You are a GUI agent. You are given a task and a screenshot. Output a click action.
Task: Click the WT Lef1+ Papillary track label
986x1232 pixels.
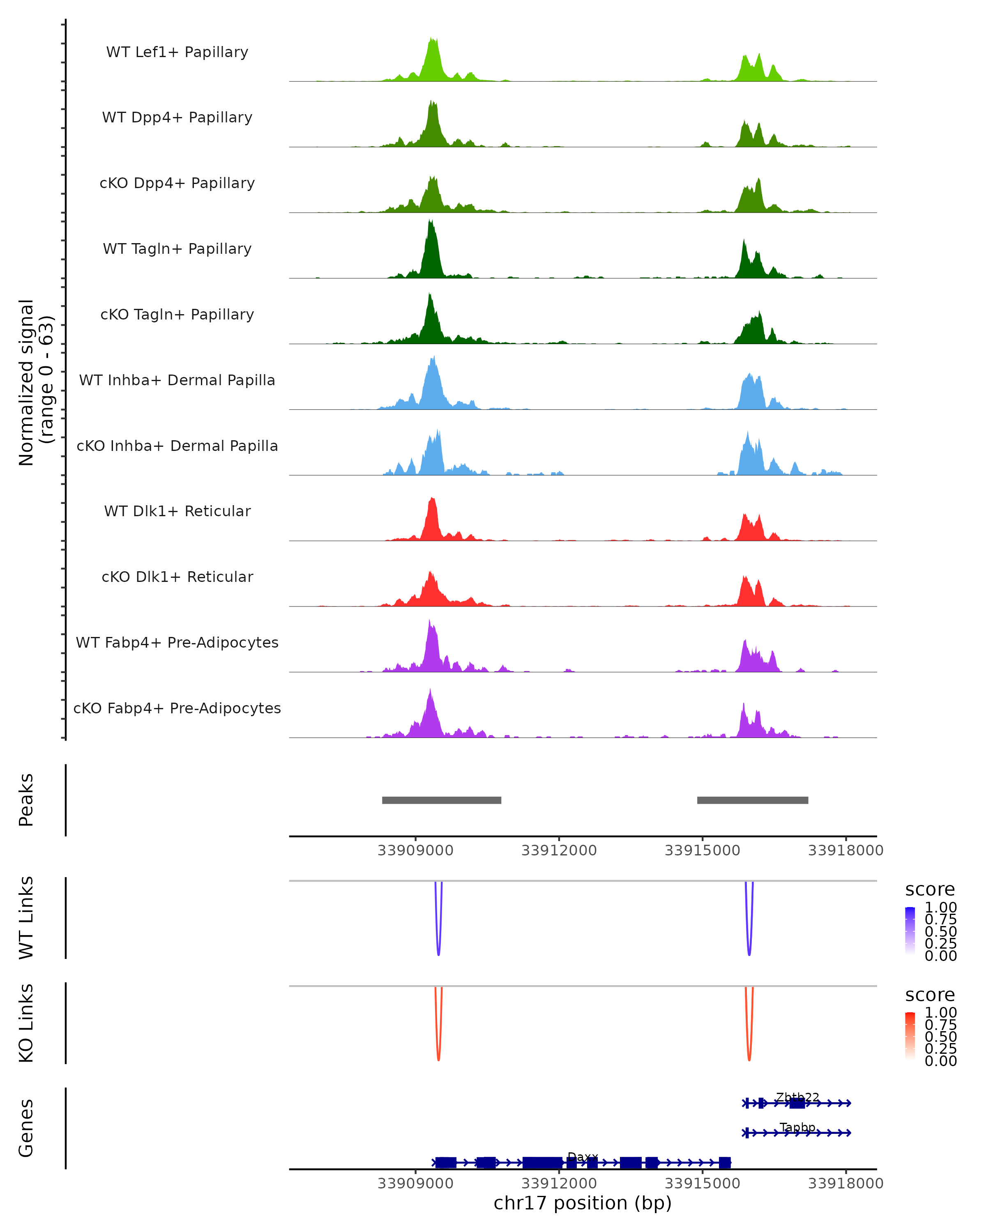[x=177, y=52]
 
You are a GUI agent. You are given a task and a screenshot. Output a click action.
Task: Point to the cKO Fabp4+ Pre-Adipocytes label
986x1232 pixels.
[x=177, y=708]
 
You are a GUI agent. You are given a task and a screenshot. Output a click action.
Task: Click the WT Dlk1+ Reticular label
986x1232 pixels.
[x=177, y=511]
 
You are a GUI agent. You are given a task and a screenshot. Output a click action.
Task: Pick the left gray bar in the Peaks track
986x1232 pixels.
[x=441, y=800]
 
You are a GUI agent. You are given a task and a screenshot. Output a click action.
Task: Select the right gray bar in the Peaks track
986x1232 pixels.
[x=752, y=800]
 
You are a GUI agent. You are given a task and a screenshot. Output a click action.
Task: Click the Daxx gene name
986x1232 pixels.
[x=583, y=1157]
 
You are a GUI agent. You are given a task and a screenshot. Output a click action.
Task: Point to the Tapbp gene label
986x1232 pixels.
[x=797, y=1127]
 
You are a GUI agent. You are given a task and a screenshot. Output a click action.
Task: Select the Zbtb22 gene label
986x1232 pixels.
[x=797, y=1098]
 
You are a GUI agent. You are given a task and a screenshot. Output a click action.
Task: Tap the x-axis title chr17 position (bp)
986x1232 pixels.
[x=583, y=1203]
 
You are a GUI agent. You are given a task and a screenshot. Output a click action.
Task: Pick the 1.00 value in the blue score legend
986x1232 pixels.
[x=940, y=908]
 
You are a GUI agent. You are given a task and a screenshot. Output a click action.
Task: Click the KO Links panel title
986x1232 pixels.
[x=26, y=1023]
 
